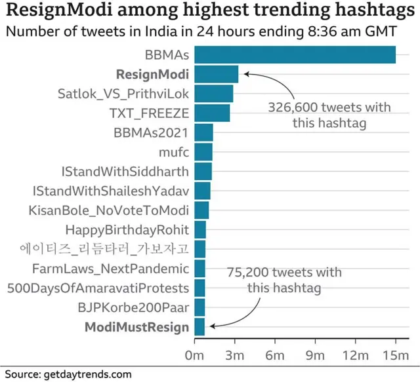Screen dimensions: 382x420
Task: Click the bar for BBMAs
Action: coord(295,54)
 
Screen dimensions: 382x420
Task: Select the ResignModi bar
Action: coord(217,74)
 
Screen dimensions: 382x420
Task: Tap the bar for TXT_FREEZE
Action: coord(213,113)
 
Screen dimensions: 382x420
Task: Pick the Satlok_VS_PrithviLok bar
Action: coord(214,94)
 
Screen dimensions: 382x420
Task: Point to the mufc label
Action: coord(174,152)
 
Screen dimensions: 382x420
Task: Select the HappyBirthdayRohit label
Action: coord(127,230)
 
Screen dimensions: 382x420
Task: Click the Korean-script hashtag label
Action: coord(104,249)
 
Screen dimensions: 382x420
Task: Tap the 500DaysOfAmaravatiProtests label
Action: coord(98,288)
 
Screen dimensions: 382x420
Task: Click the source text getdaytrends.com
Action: coord(87,374)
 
